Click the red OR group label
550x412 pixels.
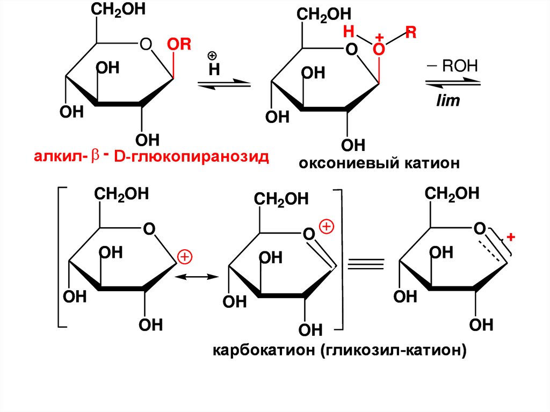(179, 45)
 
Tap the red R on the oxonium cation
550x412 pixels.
(411, 33)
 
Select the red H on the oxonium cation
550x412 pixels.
(349, 32)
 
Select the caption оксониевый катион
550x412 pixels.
(380, 163)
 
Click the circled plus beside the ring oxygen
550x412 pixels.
(326, 227)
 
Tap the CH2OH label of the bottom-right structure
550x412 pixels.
(452, 193)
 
